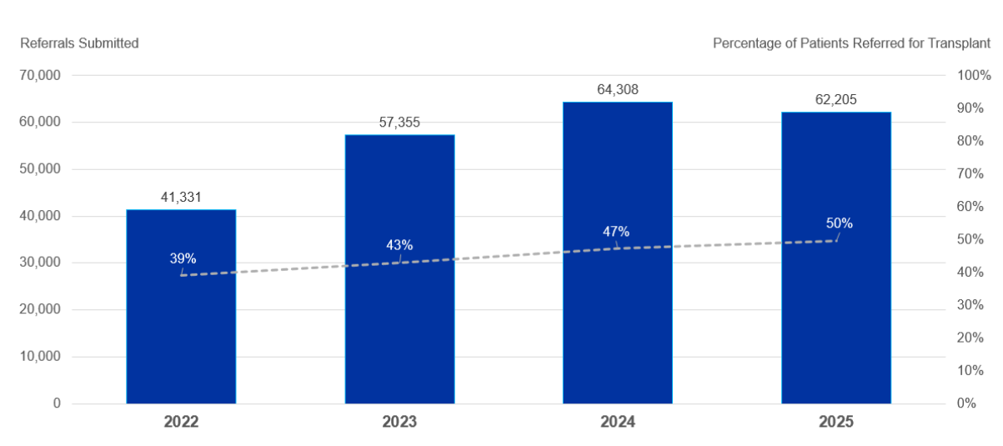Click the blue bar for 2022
[x=181, y=333]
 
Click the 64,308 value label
[x=618, y=89]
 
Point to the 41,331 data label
[x=181, y=198]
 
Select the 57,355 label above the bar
[x=399, y=123]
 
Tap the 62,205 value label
[x=836, y=100]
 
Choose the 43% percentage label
[x=399, y=245]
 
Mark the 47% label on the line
[x=616, y=232]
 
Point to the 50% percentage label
[x=840, y=223]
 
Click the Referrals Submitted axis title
[x=79, y=43]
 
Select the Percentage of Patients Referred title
[x=851, y=43]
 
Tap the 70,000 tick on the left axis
[x=39, y=75]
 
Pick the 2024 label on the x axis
[x=618, y=423]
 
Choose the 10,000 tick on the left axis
[x=39, y=357]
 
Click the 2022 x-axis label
[x=181, y=423]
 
